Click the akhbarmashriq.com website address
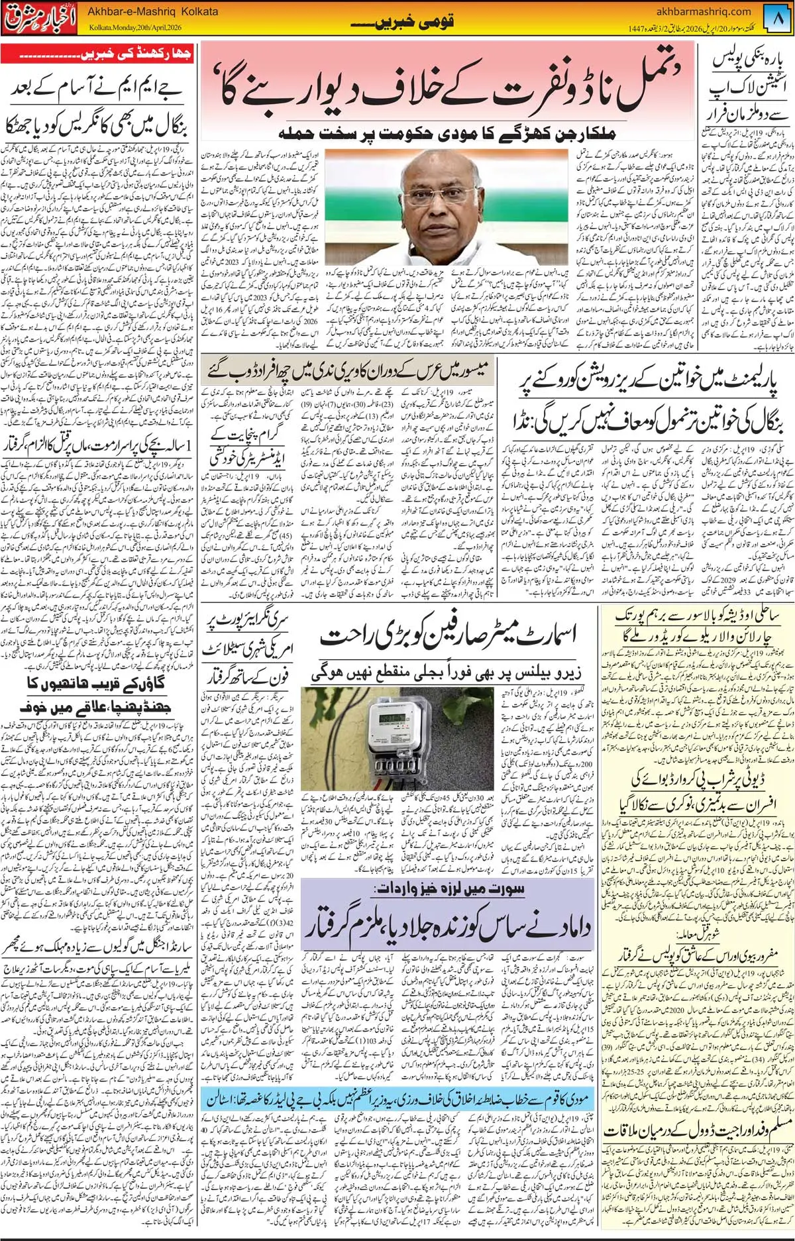pyautogui.click(x=703, y=11)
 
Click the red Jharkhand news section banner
pyautogui.click(x=97, y=54)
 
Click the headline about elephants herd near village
pyautogui.click(x=97, y=694)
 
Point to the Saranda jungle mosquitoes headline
pyautogui.click(x=97, y=949)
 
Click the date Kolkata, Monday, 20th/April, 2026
pyautogui.click(x=135, y=28)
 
